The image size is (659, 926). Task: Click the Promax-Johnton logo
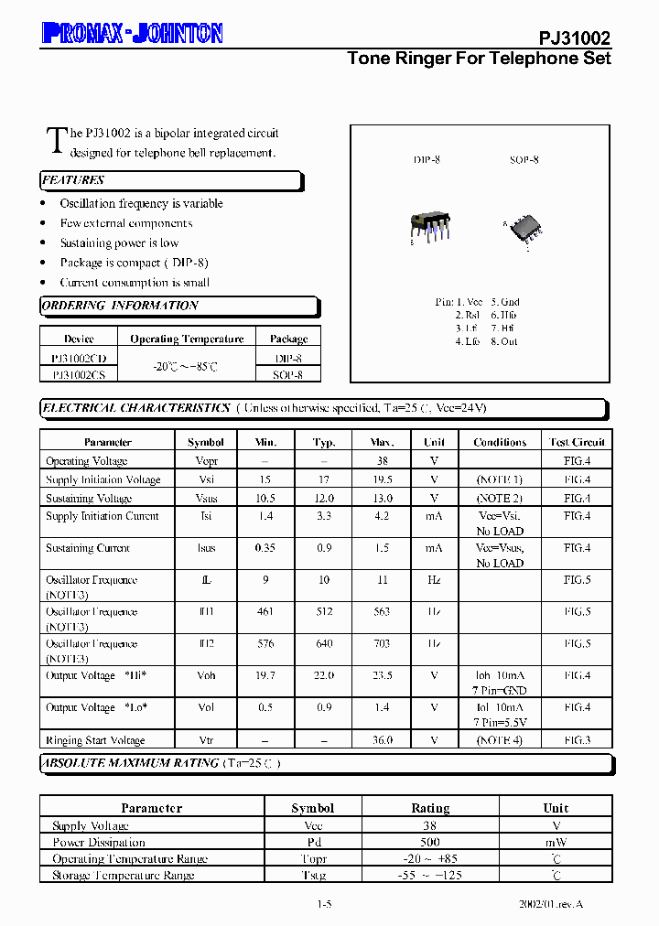(132, 34)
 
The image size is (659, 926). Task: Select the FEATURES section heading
(73, 180)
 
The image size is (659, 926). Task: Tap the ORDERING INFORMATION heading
(120, 306)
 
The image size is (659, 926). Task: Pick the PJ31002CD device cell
(79, 359)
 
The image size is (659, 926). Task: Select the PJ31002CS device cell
(79, 374)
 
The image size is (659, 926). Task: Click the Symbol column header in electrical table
(206, 442)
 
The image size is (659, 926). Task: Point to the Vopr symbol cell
(206, 461)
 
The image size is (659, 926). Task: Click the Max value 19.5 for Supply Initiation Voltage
(383, 479)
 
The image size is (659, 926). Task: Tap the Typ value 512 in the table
(324, 612)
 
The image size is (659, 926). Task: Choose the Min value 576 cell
(265, 644)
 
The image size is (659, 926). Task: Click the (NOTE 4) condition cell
(500, 740)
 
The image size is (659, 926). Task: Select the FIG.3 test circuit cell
(577, 740)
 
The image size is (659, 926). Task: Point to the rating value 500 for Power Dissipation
(430, 842)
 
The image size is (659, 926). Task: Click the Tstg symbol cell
(313, 875)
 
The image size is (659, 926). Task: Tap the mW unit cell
(556, 842)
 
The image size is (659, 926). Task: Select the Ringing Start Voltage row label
(95, 740)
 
